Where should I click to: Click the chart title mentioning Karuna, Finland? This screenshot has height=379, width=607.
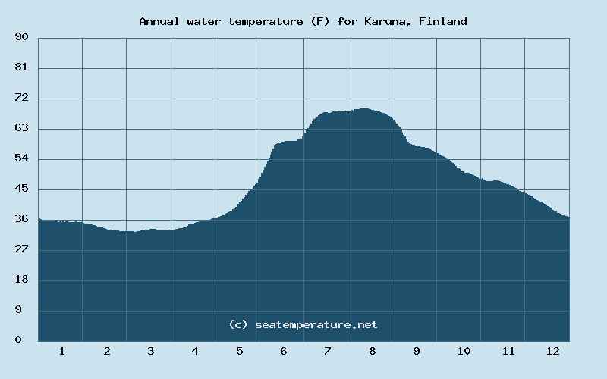303,21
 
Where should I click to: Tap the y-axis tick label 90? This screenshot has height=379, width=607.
21,37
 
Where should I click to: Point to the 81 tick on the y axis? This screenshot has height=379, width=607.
21,67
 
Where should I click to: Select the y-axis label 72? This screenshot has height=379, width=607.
21,98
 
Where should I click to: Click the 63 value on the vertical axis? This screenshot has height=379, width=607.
21,128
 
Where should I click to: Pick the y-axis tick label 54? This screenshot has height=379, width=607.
21,158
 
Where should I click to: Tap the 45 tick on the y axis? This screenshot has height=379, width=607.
21,189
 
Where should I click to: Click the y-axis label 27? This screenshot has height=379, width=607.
21,249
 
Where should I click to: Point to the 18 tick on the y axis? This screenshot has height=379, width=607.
21,280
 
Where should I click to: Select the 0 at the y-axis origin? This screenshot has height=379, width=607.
18,340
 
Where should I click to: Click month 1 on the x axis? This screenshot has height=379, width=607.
62,351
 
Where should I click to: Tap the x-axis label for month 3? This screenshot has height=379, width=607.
151,351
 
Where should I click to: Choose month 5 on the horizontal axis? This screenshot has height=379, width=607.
240,351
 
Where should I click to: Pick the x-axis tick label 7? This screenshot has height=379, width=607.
328,351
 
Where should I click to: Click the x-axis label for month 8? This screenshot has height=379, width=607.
373,351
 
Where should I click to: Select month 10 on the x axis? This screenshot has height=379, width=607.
464,351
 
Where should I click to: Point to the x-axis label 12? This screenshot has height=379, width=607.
552,351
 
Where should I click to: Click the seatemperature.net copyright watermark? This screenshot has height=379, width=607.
303,324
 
